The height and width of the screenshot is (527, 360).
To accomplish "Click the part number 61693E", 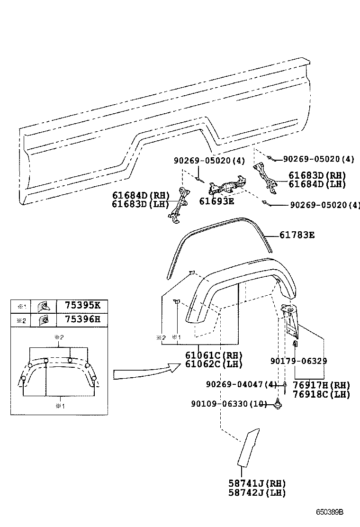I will (217, 201).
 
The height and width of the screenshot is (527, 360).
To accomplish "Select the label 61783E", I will (297, 235).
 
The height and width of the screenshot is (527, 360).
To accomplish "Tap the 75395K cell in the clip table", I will (82, 306).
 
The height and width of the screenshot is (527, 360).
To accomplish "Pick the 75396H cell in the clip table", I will (82, 319).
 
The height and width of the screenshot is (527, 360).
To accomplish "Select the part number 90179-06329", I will (298, 361).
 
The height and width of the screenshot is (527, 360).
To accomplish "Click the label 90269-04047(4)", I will (241, 384).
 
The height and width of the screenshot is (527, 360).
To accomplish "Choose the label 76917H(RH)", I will (321, 385).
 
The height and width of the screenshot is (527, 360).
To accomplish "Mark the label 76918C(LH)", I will (321, 394).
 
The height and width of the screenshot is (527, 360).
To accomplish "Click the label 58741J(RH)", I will (257, 483).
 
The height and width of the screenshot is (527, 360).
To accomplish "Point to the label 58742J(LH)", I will (257, 492).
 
